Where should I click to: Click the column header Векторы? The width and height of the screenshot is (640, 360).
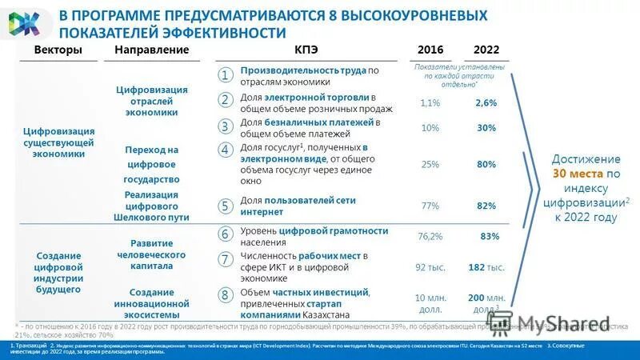[x=58, y=50]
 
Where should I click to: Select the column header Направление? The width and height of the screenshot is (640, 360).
[x=152, y=50]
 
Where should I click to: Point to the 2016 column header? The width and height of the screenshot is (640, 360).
[x=430, y=50]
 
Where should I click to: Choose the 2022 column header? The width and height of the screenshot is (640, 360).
[x=486, y=50]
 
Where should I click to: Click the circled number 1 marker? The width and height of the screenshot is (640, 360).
[x=226, y=75]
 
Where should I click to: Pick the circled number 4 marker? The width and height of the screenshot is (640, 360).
[x=226, y=150]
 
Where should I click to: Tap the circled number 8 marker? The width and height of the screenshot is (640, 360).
[x=226, y=295]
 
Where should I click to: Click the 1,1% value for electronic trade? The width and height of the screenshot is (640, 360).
[x=430, y=103]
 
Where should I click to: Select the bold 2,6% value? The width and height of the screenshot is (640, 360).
[x=486, y=103]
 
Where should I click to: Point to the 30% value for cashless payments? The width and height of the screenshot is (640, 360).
[x=486, y=128]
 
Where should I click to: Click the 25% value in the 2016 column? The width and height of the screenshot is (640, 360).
[x=430, y=164]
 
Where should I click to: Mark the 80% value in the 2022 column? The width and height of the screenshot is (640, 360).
[x=486, y=164]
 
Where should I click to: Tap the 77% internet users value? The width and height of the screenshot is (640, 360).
[x=430, y=206]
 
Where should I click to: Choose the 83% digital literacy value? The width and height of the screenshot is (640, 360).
[x=490, y=237]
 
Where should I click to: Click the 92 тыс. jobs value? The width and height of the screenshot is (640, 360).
[x=430, y=267]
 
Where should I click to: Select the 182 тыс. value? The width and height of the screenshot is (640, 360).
[x=486, y=267]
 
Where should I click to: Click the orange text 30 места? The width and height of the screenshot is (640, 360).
[x=576, y=173]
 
